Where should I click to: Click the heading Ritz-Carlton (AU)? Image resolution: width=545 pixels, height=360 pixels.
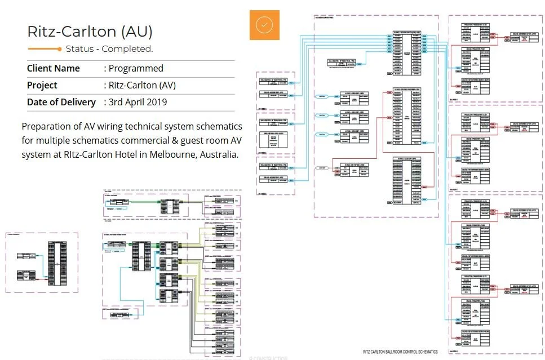click(90, 32)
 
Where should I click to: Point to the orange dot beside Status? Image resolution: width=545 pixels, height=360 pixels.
click(59, 49)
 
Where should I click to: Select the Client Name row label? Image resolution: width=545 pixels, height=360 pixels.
click(54, 69)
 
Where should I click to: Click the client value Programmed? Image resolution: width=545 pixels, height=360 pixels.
click(136, 69)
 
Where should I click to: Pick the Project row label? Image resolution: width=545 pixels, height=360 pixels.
click(42, 86)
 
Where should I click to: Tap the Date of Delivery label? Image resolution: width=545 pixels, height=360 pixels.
click(61, 103)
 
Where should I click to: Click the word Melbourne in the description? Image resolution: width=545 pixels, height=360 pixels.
click(163, 154)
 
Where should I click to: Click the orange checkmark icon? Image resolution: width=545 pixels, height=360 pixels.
click(264, 25)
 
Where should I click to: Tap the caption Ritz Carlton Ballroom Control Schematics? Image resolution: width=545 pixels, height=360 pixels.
click(401, 352)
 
